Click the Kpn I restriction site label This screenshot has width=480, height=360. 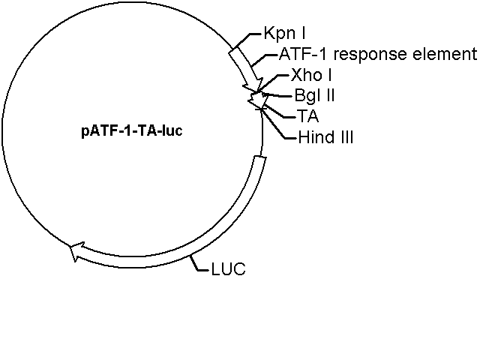284,34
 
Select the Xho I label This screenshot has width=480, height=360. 311,76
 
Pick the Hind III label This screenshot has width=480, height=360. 325,137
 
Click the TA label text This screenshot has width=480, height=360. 307,116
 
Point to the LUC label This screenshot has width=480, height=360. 229,268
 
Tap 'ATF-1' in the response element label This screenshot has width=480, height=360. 298,55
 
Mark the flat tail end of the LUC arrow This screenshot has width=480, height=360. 259,158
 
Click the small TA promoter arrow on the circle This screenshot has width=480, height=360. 257,99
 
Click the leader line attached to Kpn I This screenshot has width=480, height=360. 249,39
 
